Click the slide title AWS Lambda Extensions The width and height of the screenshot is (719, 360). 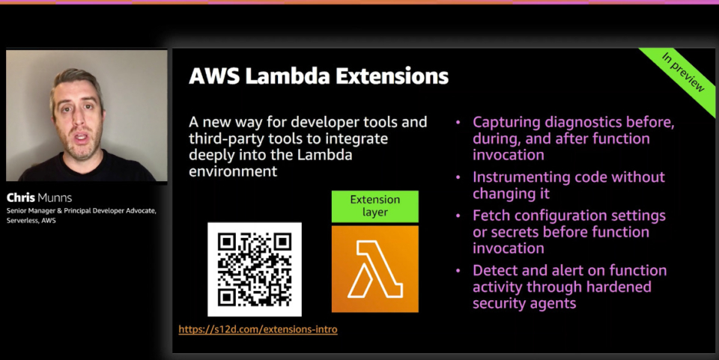coord(318,76)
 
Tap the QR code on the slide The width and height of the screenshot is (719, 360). coord(255,269)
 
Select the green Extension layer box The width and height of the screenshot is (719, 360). coord(375,207)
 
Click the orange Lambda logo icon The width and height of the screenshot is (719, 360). coord(375,269)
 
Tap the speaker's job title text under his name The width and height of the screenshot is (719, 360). coord(81,216)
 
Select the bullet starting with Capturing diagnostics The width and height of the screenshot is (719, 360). coord(573,138)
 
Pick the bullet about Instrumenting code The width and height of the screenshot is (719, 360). coord(568,185)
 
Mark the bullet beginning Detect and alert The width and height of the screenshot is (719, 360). coord(569,287)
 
